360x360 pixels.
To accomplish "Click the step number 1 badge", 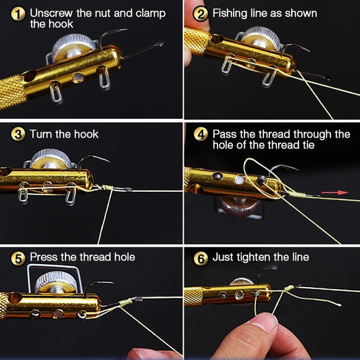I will [18, 14].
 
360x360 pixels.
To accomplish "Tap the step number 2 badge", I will [201, 14].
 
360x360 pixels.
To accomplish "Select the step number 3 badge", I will [18, 134].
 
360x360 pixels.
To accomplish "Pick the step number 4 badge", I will [201, 134].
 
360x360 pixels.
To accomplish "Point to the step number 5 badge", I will [18, 257].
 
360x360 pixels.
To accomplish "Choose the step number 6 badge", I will [201, 257].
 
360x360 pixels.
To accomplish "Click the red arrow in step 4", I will [330, 193].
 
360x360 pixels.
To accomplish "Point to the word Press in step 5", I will [45, 257].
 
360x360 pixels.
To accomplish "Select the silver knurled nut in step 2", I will [261, 38].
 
